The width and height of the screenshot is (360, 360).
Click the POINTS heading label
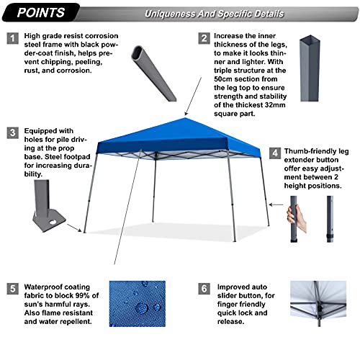click(41, 12)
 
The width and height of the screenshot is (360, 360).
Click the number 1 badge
click(12, 38)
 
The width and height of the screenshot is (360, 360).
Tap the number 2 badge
click(204, 38)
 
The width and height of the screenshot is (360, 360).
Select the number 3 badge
click(12, 133)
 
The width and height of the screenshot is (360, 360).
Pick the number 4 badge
click(275, 153)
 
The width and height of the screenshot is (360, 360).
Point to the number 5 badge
click(12, 289)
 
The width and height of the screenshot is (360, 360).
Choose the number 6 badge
click(204, 289)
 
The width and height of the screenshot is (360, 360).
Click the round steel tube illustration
click(153, 73)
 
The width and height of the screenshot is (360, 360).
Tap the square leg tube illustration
click(310, 68)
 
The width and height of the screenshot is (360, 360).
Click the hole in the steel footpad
click(53, 222)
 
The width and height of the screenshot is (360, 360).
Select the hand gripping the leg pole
click(297, 218)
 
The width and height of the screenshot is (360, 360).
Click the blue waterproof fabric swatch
click(138, 304)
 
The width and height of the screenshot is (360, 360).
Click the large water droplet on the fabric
click(141, 307)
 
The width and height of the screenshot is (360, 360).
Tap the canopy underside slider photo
click(318, 304)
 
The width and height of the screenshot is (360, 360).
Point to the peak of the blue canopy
click(185, 118)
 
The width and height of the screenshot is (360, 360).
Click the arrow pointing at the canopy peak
click(193, 96)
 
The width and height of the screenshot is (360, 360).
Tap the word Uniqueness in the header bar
click(170, 14)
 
